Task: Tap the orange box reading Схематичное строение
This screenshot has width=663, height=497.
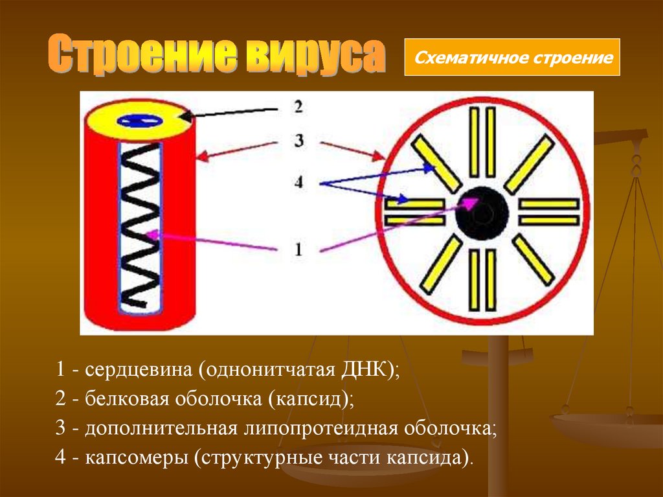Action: (x=512, y=58)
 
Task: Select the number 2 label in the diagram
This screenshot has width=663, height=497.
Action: (x=298, y=106)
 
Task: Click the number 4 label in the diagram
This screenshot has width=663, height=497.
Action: (x=298, y=183)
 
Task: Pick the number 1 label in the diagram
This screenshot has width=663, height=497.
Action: (x=298, y=249)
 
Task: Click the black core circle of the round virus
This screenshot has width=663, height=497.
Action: (x=482, y=211)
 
